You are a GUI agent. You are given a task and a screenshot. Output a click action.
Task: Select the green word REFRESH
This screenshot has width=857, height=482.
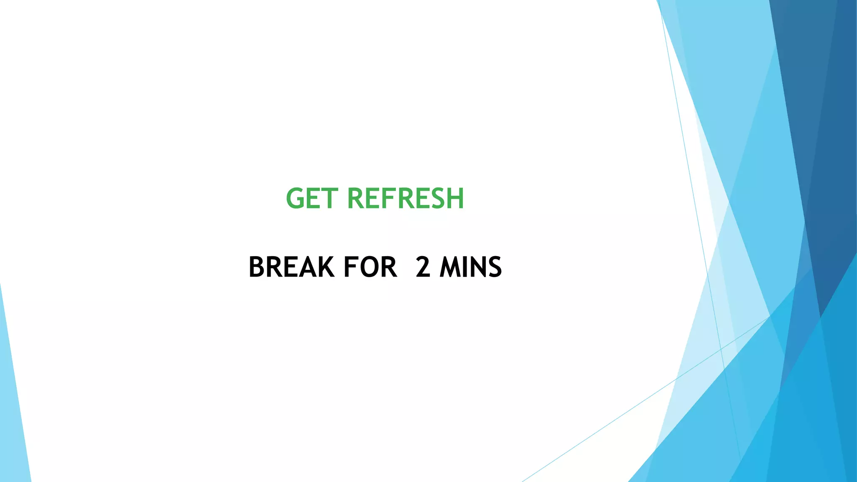pos(405,198)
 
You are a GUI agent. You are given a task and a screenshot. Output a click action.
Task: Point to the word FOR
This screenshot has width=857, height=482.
pos(370,267)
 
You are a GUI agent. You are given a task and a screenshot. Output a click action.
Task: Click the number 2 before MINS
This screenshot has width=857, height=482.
pos(423,267)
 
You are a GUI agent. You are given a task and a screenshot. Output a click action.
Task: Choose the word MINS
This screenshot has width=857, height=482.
pos(470,267)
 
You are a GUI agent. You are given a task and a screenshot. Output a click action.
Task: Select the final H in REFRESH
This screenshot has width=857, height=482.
pos(455,198)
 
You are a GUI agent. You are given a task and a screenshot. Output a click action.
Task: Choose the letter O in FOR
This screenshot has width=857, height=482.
pos(369,267)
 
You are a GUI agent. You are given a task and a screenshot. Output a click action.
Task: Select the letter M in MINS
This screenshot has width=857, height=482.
pos(451,267)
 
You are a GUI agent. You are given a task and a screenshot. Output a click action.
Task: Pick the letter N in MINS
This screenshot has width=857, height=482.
pos(478,267)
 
